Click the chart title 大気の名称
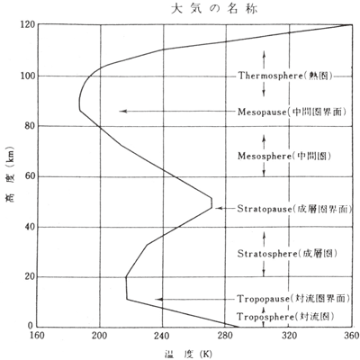point(214,9)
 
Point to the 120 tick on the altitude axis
point(27,24)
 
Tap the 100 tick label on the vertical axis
point(27,76)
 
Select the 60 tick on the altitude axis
point(30,176)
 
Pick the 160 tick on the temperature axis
point(37,335)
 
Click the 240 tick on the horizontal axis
point(163,335)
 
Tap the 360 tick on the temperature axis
point(352,335)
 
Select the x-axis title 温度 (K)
point(188,354)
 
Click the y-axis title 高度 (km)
point(10,174)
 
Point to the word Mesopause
point(262,112)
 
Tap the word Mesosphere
point(265,156)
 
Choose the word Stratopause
point(265,209)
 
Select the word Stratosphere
point(267,254)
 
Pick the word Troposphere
point(265,317)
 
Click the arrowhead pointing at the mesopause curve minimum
point(123,111)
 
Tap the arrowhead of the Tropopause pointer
point(158,299)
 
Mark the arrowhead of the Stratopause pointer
point(219,208)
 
